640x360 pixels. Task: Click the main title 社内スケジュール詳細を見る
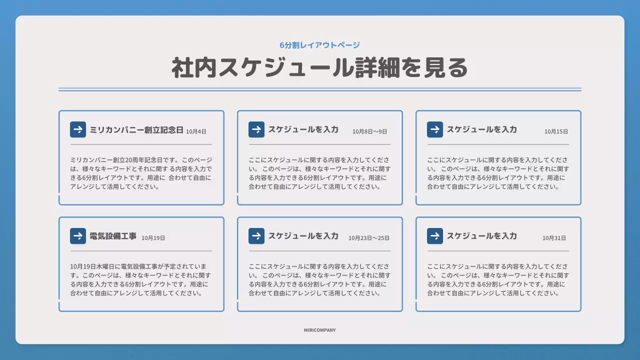(319, 68)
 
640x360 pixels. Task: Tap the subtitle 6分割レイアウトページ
(319, 45)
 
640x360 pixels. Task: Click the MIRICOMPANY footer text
(319, 330)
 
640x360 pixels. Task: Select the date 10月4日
(196, 131)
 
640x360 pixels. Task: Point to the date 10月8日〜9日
(369, 131)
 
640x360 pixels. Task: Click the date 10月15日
(556, 131)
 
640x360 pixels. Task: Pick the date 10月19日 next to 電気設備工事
(153, 238)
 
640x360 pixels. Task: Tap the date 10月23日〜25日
(369, 238)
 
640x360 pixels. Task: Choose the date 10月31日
(554, 238)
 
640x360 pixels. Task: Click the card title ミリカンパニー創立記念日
(136, 129)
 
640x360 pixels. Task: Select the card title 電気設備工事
(113, 236)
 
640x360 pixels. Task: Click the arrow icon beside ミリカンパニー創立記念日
(78, 129)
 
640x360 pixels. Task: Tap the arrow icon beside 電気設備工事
(78, 236)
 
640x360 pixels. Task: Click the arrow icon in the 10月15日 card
(435, 129)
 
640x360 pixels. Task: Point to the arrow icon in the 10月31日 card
(435, 236)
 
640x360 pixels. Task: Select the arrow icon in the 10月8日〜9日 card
(256, 129)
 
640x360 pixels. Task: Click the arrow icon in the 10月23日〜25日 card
(256, 236)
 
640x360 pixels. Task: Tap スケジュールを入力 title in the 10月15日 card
(481, 129)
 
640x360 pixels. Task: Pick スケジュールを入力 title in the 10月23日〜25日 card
(303, 236)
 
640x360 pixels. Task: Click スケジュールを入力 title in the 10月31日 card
(481, 236)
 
